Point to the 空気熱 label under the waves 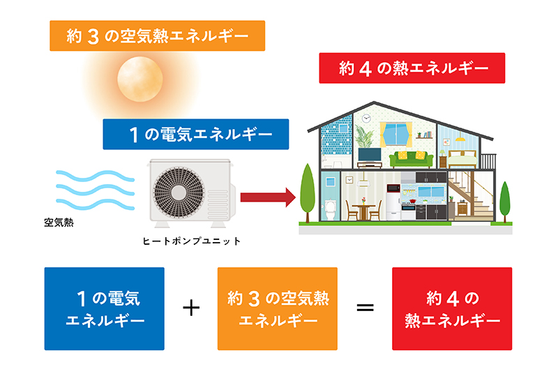(59, 223)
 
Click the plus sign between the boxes (191, 308)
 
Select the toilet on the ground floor (331, 209)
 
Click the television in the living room (369, 154)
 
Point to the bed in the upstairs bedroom (461, 157)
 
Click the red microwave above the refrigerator (392, 188)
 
